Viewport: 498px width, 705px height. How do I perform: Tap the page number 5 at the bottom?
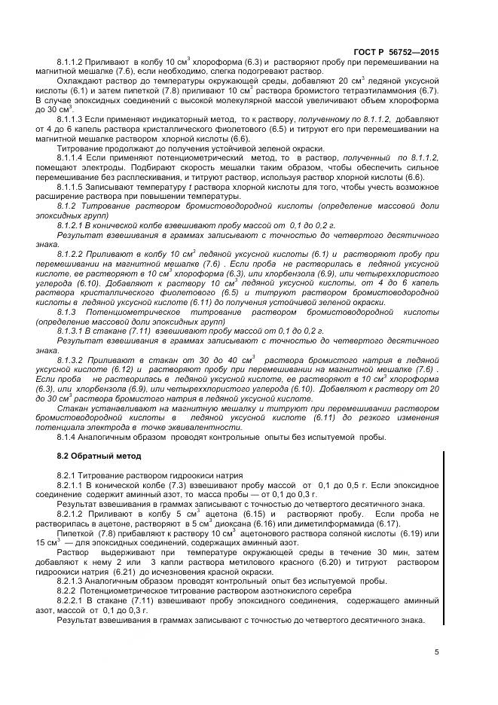(x=436, y=652)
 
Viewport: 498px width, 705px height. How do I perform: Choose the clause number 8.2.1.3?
(x=74, y=582)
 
